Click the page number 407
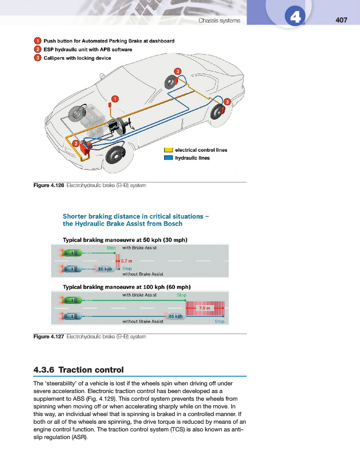point(341,20)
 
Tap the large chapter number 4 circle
point(295,16)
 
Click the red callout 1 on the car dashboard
point(115,99)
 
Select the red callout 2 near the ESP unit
point(76,144)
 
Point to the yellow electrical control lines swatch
point(168,150)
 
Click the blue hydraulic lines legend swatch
point(168,158)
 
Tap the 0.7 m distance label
point(126,261)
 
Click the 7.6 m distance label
point(205,308)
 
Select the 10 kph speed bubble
point(105,269)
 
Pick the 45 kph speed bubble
point(175,316)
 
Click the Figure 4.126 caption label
point(49,186)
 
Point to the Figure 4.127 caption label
point(49,336)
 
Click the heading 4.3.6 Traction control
point(79,370)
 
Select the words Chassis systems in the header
point(219,20)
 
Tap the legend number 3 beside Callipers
point(37,58)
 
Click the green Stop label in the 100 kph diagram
point(182,295)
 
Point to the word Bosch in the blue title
point(173,224)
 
